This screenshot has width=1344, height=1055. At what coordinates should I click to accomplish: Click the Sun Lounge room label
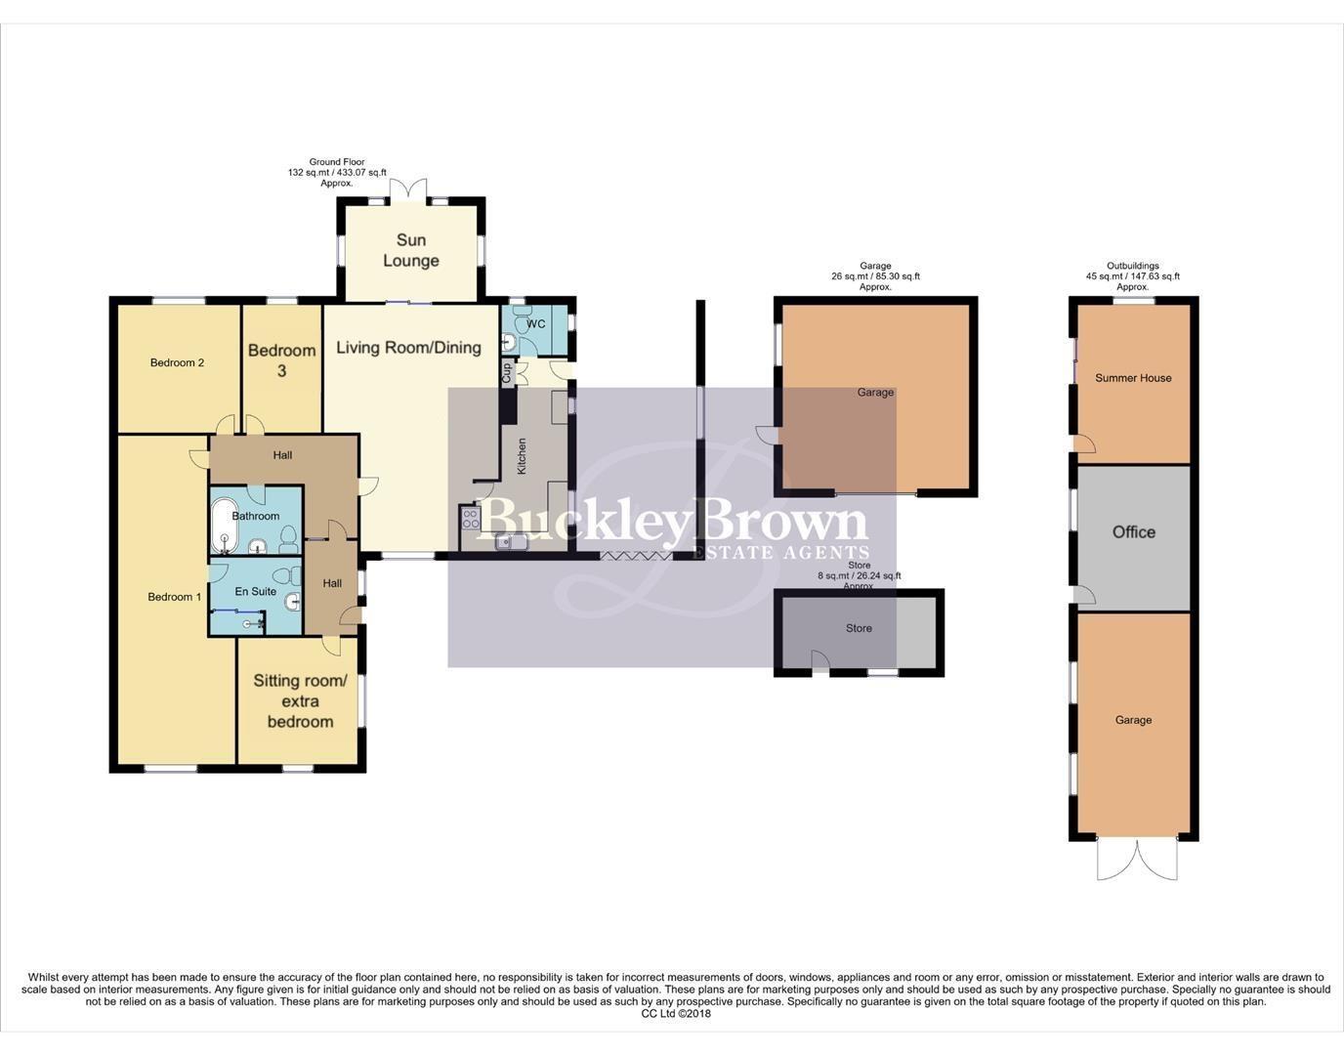410,250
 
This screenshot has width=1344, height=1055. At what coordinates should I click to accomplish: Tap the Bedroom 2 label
177,362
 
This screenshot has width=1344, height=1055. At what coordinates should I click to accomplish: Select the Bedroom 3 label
281,359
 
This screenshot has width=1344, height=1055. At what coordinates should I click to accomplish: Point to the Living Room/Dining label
408,347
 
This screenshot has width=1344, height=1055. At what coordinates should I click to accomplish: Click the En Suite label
255,591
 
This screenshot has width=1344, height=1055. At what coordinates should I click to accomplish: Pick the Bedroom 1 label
174,597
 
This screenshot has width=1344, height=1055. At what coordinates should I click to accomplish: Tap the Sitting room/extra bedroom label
300,701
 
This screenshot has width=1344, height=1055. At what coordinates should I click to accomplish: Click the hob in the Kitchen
470,518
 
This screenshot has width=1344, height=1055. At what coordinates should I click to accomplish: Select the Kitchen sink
509,543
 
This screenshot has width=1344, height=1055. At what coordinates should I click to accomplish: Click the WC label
535,323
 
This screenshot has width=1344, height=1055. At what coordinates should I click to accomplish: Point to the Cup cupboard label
507,372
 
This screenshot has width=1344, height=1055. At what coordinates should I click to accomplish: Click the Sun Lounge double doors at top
408,190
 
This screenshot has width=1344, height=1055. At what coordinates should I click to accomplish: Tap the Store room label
859,628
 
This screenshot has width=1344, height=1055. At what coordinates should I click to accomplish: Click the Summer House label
1133,378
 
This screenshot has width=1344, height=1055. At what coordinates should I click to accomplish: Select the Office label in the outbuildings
1133,532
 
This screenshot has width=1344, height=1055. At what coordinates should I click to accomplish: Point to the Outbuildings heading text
1132,266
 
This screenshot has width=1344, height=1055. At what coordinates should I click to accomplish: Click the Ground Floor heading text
337,162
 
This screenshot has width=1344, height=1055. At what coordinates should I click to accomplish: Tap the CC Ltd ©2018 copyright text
676,1013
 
